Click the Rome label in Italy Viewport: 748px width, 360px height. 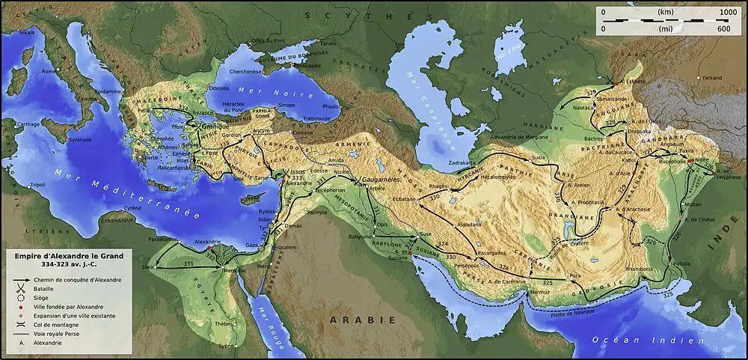coord(50,71)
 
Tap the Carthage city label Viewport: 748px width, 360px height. coord(28,123)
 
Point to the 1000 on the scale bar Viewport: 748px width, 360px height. coord(728,13)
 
